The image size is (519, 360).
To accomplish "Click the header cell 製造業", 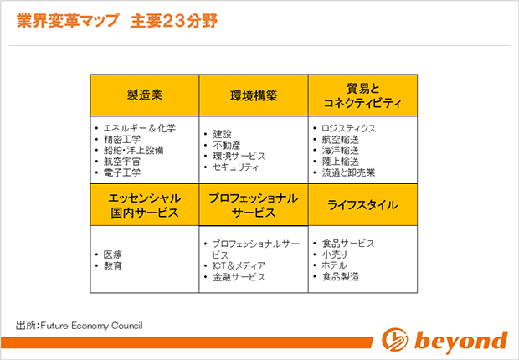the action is pyautogui.click(x=145, y=95).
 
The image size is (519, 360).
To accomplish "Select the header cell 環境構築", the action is pyautogui.click(x=254, y=95).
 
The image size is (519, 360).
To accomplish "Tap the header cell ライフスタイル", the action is pyautogui.click(x=362, y=205).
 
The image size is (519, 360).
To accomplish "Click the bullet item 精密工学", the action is pyautogui.click(x=122, y=140).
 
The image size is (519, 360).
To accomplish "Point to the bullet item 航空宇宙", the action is pyautogui.click(x=122, y=162).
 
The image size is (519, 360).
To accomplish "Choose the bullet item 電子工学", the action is pyautogui.click(x=122, y=172).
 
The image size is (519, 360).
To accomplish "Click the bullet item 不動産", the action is pyautogui.click(x=226, y=146).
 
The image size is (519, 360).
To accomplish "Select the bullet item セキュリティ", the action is pyautogui.click(x=235, y=167).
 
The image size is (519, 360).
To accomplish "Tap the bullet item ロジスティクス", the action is pyautogui.click(x=348, y=128).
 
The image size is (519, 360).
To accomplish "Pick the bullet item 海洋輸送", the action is pyautogui.click(x=340, y=151).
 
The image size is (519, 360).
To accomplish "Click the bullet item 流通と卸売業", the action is pyautogui.click(x=348, y=172).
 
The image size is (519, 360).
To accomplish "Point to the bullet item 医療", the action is pyautogui.click(x=113, y=255).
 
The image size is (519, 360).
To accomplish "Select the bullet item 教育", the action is pyautogui.click(x=113, y=265).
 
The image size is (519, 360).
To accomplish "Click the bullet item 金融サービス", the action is pyautogui.click(x=239, y=277).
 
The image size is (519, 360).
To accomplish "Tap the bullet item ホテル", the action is pyautogui.click(x=334, y=265).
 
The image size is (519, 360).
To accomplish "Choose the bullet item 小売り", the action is pyautogui.click(x=335, y=255).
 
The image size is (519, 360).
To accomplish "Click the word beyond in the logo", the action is pyautogui.click(x=460, y=340).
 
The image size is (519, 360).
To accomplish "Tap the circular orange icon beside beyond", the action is pyautogui.click(x=394, y=339).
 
